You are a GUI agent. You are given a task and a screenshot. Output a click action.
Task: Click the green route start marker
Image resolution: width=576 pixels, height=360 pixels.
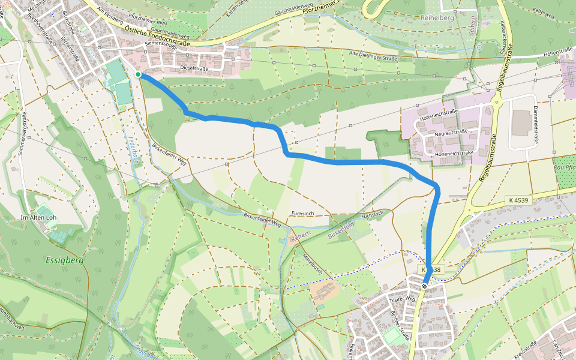coord(138,74)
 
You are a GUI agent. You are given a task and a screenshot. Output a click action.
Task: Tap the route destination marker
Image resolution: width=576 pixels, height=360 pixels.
coord(424,286)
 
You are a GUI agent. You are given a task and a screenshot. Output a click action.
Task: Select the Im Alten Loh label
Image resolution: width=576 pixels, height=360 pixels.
coord(37,217)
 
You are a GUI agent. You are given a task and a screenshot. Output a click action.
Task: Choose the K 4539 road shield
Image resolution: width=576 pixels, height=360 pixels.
coord(517,199)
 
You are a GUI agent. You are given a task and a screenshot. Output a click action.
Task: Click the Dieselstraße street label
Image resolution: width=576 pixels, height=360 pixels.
coord(194,69)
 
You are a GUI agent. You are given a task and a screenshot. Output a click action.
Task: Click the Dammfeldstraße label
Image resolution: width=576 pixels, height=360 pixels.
coord(535,126)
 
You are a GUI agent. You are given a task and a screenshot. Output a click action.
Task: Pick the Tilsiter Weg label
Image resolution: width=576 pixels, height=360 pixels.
coord(402,298)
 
